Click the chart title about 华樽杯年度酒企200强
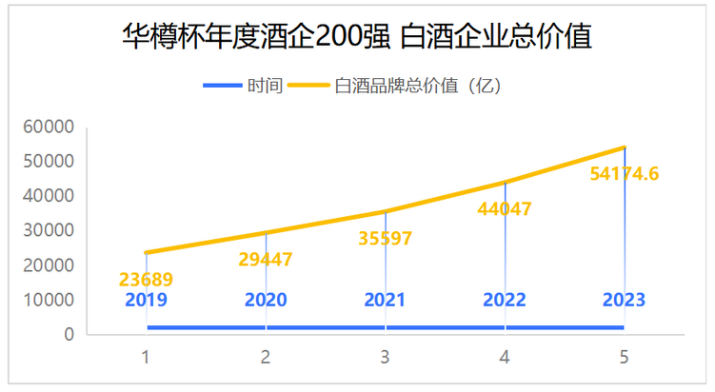pyautogui.click(x=357, y=38)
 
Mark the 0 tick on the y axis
pyautogui.click(x=69, y=335)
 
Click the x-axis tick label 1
pyautogui.click(x=146, y=358)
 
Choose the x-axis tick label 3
pyautogui.click(x=385, y=358)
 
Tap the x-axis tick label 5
pyautogui.click(x=624, y=358)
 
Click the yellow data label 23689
pyautogui.click(x=146, y=280)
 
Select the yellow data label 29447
pyautogui.click(x=266, y=259)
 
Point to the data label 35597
pyautogui.click(x=385, y=238)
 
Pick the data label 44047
pyautogui.click(x=505, y=208)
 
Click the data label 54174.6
pyautogui.click(x=624, y=173)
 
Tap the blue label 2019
pyautogui.click(x=146, y=300)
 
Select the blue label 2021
pyautogui.click(x=385, y=300)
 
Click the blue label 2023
pyautogui.click(x=624, y=300)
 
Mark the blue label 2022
pyautogui.click(x=505, y=300)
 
